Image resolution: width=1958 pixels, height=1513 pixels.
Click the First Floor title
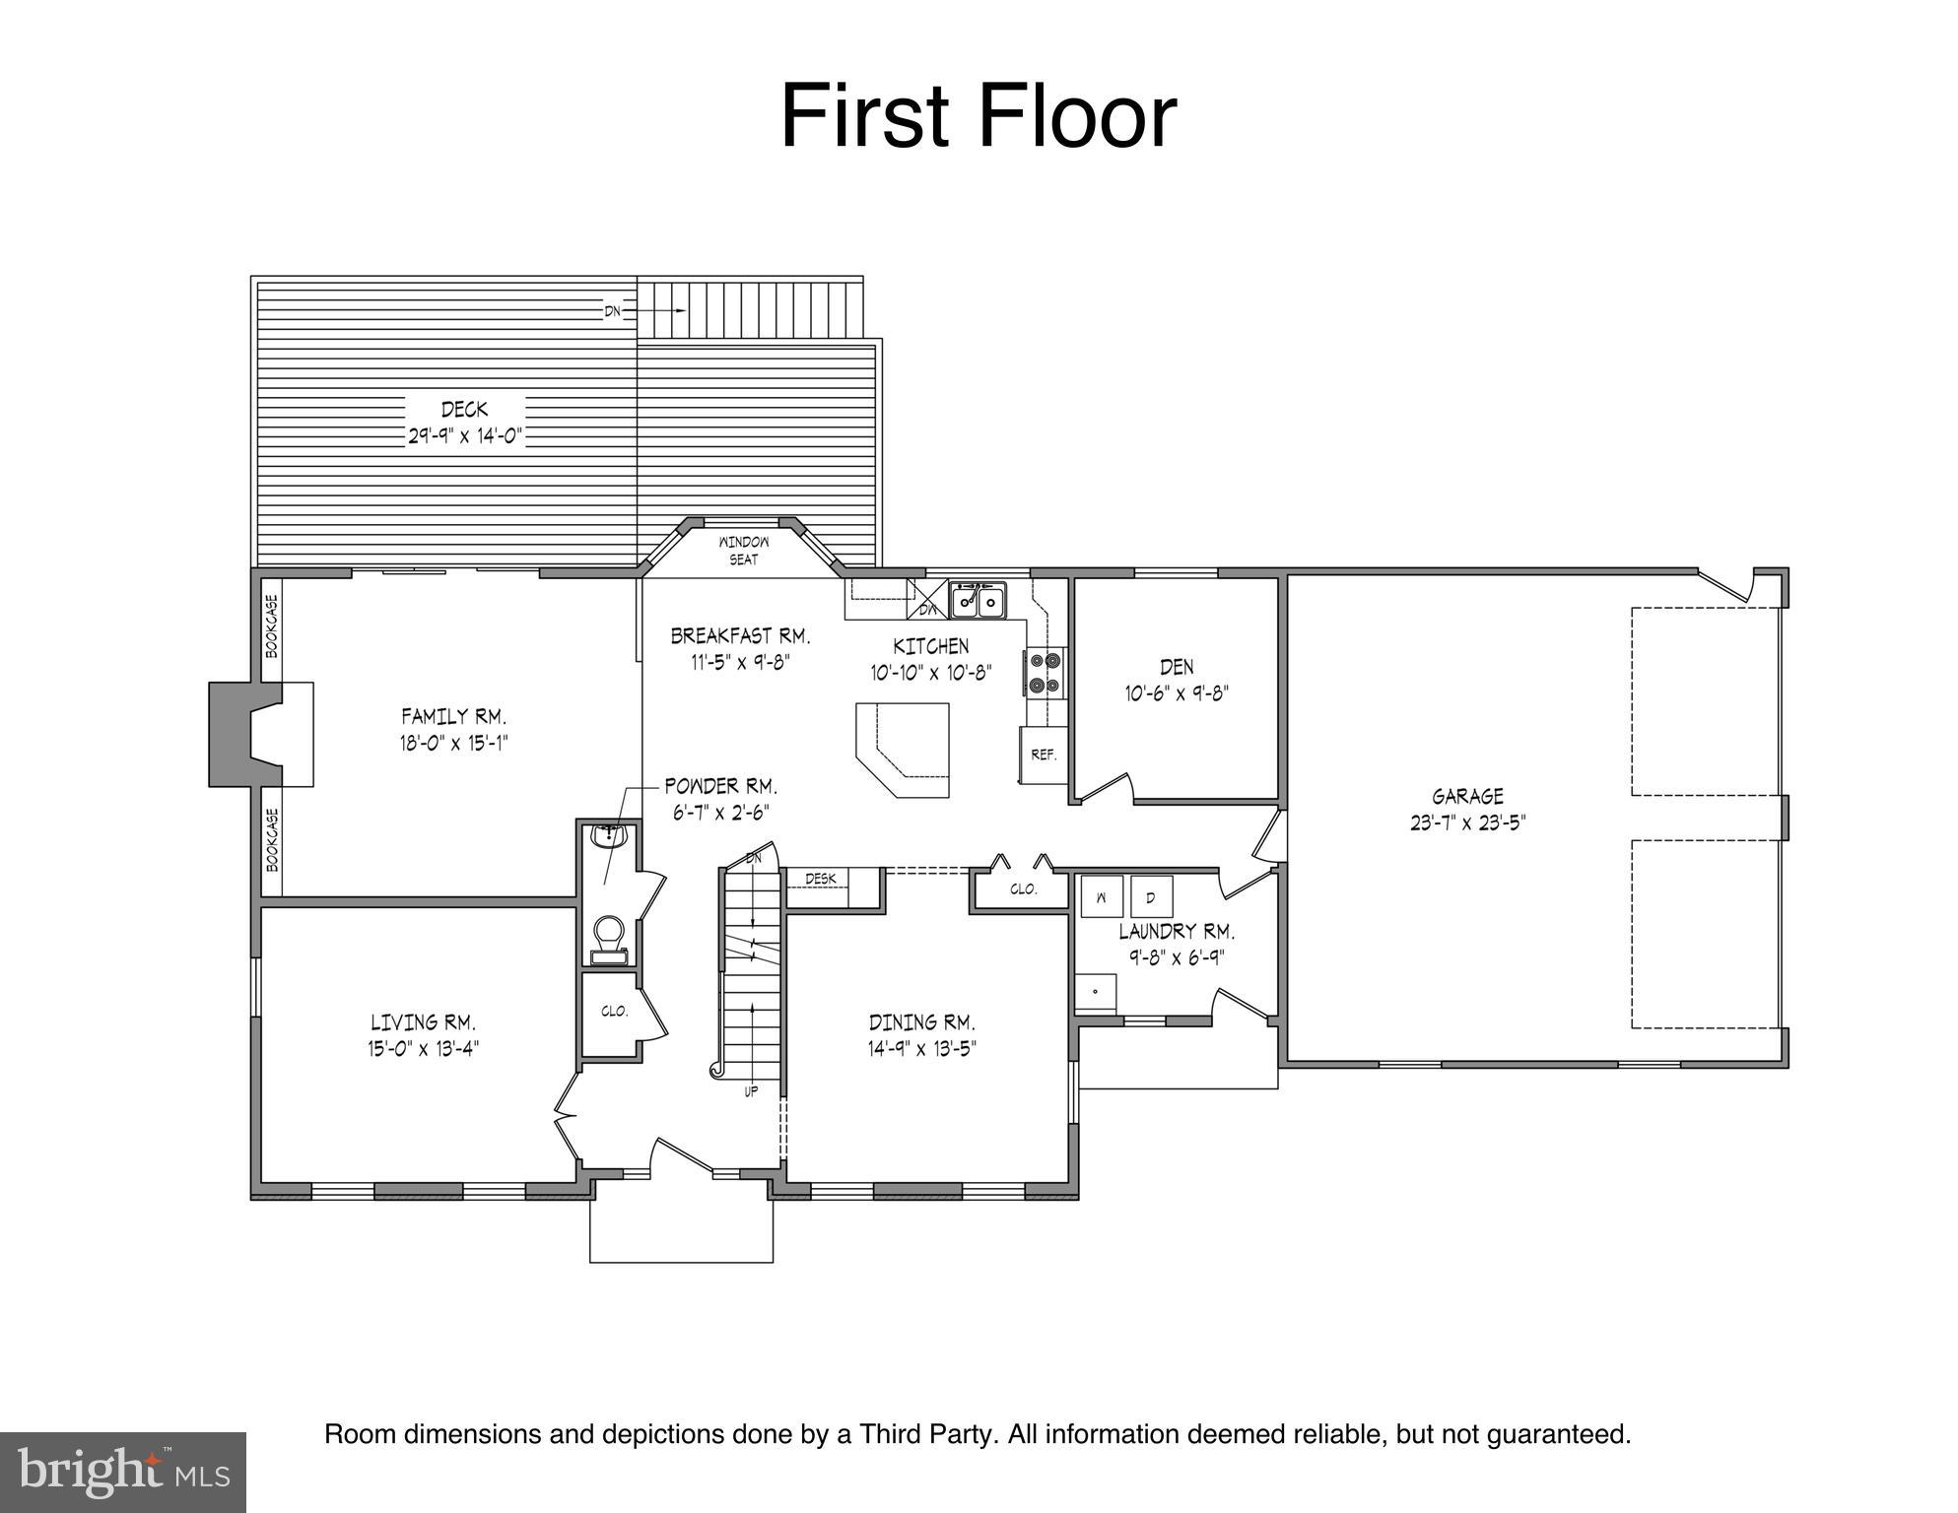(x=978, y=117)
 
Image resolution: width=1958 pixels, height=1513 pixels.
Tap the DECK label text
(x=464, y=409)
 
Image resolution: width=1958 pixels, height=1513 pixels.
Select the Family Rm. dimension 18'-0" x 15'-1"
(x=453, y=743)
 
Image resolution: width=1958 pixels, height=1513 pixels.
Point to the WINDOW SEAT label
(x=744, y=551)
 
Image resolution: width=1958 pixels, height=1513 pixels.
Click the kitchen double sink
(x=978, y=600)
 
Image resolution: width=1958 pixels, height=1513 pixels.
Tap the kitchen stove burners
(x=1046, y=673)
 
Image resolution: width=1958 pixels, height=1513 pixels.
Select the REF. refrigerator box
(x=1044, y=756)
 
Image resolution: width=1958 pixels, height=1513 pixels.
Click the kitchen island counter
(x=903, y=749)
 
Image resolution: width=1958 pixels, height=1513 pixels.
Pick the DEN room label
(x=1177, y=667)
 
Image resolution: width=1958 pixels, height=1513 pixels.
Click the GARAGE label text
(x=1467, y=796)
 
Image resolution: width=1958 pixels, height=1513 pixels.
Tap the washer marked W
(x=1102, y=897)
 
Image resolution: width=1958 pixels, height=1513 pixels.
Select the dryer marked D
(x=1150, y=897)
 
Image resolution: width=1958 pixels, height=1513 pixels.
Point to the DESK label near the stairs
(x=820, y=879)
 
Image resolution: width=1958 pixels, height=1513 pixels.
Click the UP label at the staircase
(x=751, y=1091)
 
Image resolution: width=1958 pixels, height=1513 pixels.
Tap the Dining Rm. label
(x=921, y=1022)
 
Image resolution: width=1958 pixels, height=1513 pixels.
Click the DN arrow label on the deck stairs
(x=613, y=311)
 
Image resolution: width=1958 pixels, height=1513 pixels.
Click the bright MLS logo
(x=122, y=1472)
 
